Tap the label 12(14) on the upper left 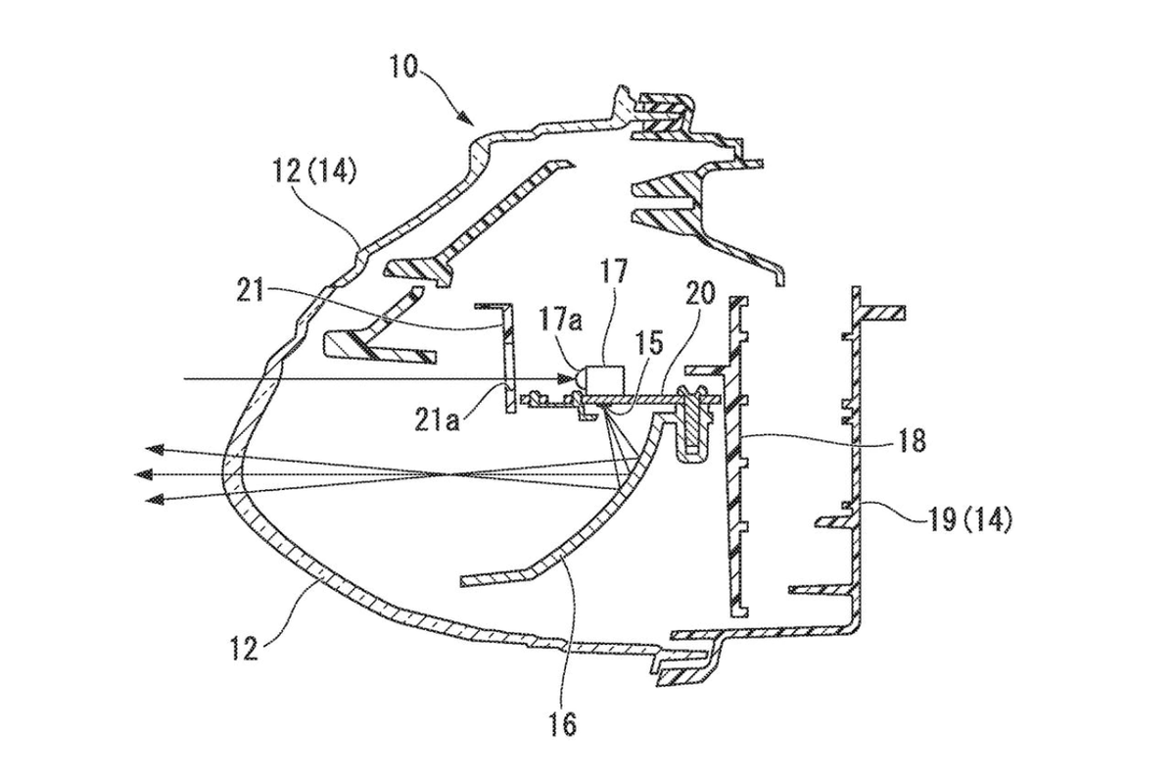pos(315,171)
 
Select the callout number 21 pos(252,292)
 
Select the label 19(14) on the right pos(970,522)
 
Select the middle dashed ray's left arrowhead pos(144,474)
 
